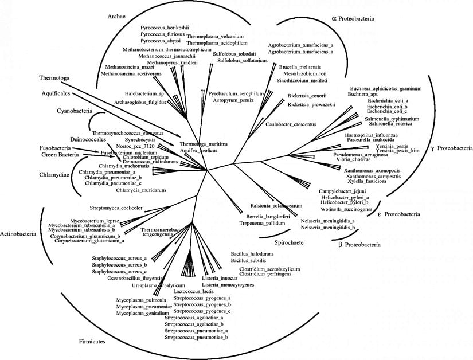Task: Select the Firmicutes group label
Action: tap(95, 342)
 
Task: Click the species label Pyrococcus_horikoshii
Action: tap(165, 27)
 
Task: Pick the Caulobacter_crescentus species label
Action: tap(292, 124)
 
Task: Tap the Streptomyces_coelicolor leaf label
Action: tap(116, 208)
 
